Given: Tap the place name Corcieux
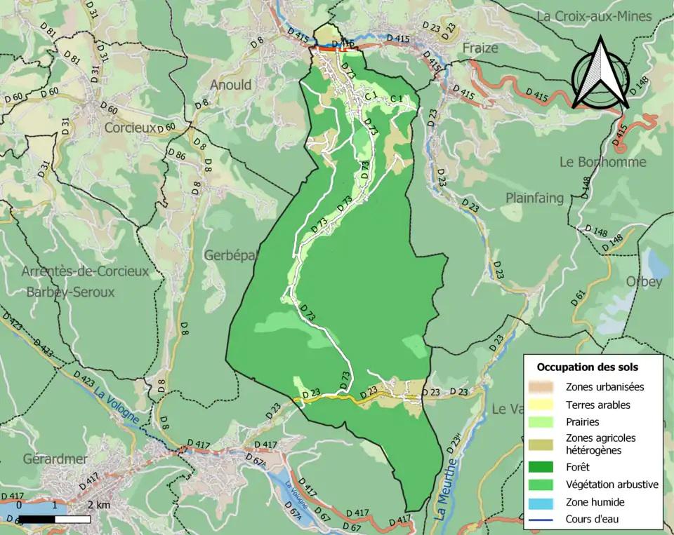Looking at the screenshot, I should [x=130, y=128].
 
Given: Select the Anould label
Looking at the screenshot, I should [x=230, y=85].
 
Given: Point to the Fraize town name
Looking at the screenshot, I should [x=480, y=48].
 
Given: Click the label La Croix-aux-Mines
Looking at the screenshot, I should [x=604, y=15].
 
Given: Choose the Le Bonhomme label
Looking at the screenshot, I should [x=602, y=161].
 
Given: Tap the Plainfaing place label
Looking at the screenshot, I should [x=535, y=198].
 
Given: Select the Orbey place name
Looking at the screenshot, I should [x=644, y=282].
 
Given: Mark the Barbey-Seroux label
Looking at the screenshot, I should [x=70, y=292].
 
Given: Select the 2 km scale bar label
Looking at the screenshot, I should [x=98, y=505].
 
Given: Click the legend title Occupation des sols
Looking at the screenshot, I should [x=588, y=367].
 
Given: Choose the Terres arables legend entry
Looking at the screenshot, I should [x=597, y=405].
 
